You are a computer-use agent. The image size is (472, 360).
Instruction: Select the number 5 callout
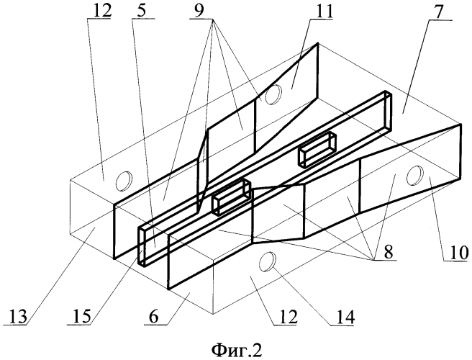click(142, 11)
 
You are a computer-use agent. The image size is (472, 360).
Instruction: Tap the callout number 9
click(199, 11)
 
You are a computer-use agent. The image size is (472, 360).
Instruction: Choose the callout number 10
click(457, 253)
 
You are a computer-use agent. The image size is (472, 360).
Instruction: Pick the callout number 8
click(389, 251)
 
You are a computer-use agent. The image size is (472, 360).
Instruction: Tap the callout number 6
click(154, 316)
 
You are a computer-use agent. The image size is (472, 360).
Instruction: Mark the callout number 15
click(81, 316)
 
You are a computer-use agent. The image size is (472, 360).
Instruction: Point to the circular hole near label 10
click(415, 176)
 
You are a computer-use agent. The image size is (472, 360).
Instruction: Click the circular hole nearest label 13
click(124, 181)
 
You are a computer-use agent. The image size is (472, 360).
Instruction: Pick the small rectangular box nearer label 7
click(317, 149)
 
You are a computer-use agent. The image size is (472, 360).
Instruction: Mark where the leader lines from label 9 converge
click(213, 19)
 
